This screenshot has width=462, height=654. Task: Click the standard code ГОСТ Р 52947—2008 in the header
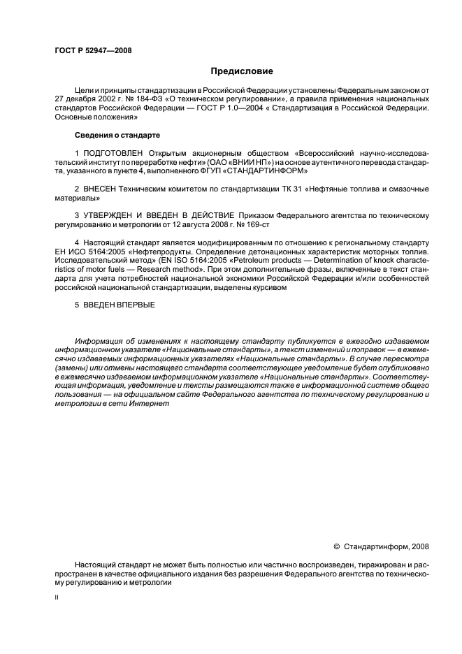93,51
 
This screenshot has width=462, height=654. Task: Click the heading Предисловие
243,71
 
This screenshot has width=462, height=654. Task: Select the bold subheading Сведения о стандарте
110,133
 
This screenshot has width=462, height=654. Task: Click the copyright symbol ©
337,546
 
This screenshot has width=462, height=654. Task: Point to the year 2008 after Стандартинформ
419,546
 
